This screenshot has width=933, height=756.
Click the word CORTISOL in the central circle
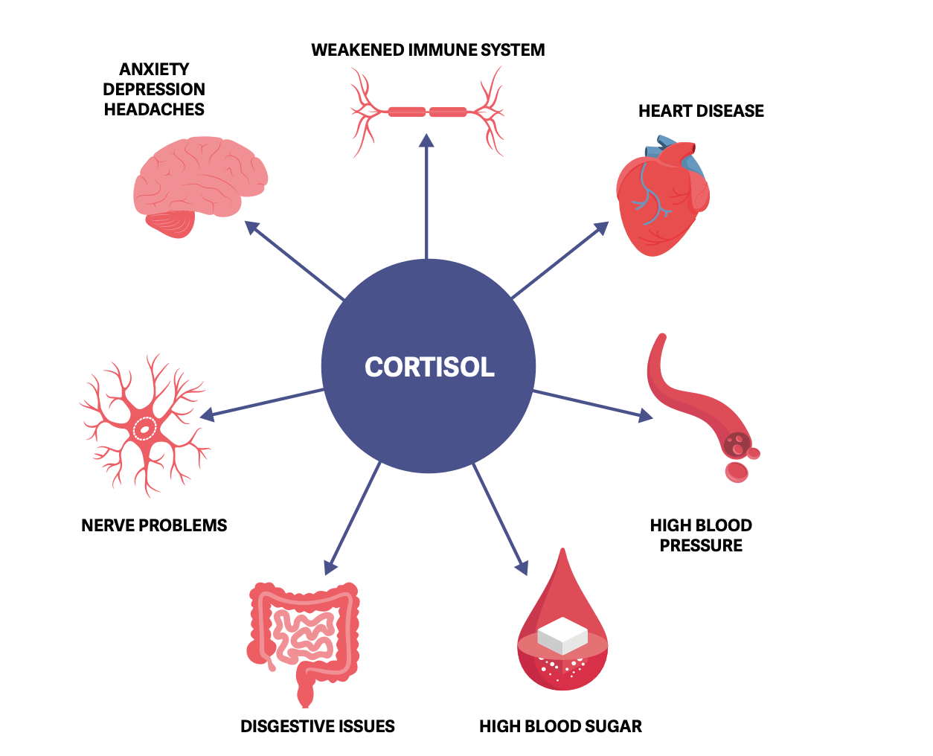click(x=429, y=367)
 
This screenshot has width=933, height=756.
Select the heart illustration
click(x=658, y=201)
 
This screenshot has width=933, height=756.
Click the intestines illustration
click(x=304, y=636)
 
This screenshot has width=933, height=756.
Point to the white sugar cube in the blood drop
click(x=562, y=635)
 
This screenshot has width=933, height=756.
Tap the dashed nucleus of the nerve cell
click(x=144, y=429)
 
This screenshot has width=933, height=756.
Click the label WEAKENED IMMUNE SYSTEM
click(x=428, y=50)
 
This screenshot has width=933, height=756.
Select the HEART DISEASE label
click(x=701, y=111)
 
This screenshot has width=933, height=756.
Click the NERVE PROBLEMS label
click(x=154, y=525)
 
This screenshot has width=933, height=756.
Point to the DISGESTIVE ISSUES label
click(x=318, y=726)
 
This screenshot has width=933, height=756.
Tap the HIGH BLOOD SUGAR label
click(x=560, y=726)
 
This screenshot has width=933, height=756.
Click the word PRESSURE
click(x=701, y=545)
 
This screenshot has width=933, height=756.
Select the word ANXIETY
click(x=154, y=69)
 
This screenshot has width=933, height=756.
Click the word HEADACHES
click(x=154, y=109)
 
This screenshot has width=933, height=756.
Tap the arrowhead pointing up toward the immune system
click(x=426, y=141)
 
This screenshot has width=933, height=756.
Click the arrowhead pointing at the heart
click(x=601, y=228)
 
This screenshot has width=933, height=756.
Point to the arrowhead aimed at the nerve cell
click(x=208, y=414)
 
